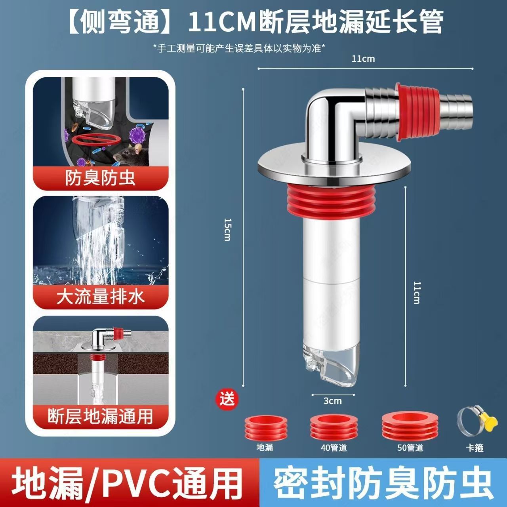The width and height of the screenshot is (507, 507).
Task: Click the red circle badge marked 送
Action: [x=228, y=399]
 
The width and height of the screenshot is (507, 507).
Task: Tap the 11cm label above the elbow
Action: [x=363, y=59]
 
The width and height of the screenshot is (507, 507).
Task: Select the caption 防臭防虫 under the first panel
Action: [x=101, y=178]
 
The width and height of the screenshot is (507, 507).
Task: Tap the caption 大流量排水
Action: [x=101, y=297]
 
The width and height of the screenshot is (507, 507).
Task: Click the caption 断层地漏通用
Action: [x=101, y=416]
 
